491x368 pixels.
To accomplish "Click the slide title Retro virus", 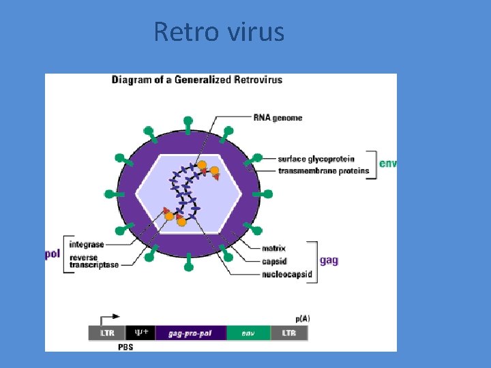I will point(219,31).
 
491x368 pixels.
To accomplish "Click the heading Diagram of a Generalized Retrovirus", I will point(197,80).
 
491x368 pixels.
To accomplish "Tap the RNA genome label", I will point(278,118).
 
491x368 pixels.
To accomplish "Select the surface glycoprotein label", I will point(316,159).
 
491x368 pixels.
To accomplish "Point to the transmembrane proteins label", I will point(324,170).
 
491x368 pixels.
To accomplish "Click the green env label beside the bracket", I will point(388,164).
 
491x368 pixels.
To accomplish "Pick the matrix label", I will point(273,248).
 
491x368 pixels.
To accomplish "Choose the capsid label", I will point(274,261).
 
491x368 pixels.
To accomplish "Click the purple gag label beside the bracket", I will point(329,260).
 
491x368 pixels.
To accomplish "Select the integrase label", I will point(86,244).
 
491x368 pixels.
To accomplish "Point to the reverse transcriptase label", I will point(93,261).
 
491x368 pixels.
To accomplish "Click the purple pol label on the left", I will point(53,254).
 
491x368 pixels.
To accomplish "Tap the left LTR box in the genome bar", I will point(107,333).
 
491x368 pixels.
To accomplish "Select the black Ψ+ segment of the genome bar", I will point(140,333).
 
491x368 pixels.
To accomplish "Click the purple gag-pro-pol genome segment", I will point(190,333).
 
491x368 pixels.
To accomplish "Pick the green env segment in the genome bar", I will point(248,333).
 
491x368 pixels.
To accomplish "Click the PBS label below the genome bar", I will point(125,347).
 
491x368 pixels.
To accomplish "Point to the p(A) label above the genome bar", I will point(303,318).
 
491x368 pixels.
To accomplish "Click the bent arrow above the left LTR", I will point(109,318).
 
